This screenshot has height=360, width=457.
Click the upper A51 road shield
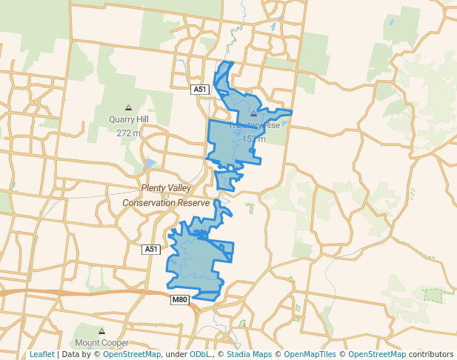coord(199,90)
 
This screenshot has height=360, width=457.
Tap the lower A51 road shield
coord(151,250)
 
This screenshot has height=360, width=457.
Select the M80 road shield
coord(180,300)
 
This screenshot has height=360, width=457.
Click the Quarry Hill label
coord(128,119)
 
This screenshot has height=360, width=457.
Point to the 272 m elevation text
coord(128,133)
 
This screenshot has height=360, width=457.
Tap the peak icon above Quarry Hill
coord(128,107)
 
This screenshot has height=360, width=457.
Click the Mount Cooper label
coord(101,343)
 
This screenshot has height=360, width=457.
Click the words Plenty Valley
coord(166,188)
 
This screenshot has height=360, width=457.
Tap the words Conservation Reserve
coord(171,202)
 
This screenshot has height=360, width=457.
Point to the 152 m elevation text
coord(254,139)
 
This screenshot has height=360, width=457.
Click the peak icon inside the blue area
coord(253,114)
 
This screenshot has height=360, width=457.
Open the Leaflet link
coord(41,355)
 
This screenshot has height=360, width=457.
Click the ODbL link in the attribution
coord(200,355)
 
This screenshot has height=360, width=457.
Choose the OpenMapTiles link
coord(312,355)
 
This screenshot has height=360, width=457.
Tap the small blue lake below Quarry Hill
coord(150,163)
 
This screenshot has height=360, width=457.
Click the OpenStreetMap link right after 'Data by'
coord(132,355)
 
